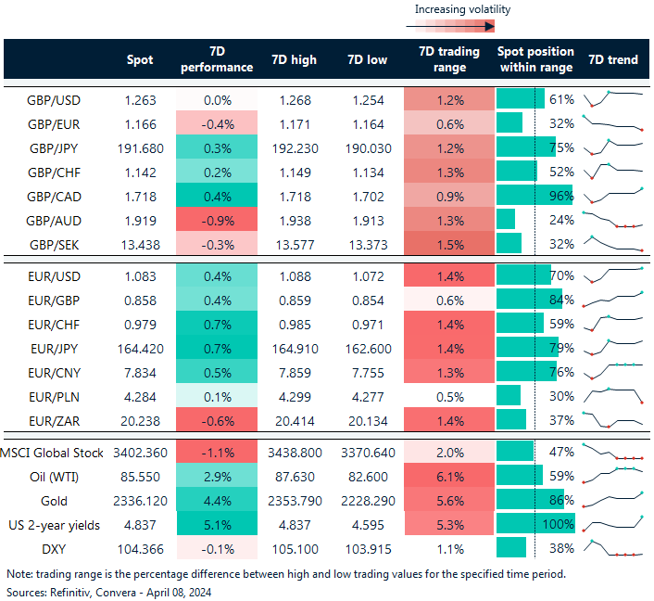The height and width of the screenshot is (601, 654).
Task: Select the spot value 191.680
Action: pos(145,147)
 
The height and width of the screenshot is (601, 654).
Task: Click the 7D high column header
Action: pos(294,59)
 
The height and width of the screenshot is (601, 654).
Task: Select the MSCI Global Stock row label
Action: pos(56,453)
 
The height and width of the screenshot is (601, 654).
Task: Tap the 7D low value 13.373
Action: pos(370,243)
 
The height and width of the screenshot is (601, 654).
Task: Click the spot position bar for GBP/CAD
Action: pos(535,195)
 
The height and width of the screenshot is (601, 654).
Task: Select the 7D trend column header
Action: pos(612,59)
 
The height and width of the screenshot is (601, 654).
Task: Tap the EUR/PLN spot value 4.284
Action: pos(145,395)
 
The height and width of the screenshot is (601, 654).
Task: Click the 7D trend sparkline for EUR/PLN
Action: pos(612,395)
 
